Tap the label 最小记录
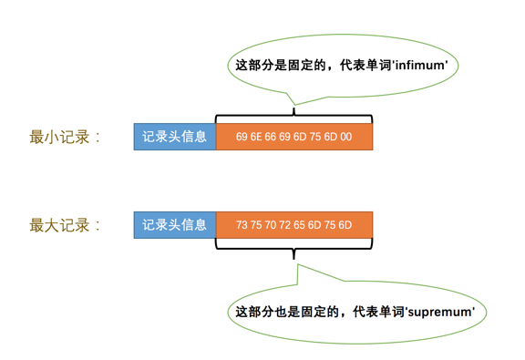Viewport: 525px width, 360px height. tap(65, 138)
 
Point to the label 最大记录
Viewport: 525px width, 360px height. tap(65, 224)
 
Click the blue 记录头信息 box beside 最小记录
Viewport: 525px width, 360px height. tap(175, 137)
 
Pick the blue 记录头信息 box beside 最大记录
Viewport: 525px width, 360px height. tap(175, 224)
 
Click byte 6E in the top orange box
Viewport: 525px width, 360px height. tap(258, 138)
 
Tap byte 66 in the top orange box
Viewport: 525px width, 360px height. tap(273, 138)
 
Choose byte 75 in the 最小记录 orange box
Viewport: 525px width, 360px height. tap(316, 138)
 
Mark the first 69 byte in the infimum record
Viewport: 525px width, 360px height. tap(242, 138)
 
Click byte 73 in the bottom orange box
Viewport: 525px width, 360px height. tap(242, 224)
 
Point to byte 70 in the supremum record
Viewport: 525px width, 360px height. tap(272, 224)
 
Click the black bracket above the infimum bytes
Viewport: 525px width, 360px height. tap(293, 116)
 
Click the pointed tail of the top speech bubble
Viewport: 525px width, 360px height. tap(291, 101)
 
